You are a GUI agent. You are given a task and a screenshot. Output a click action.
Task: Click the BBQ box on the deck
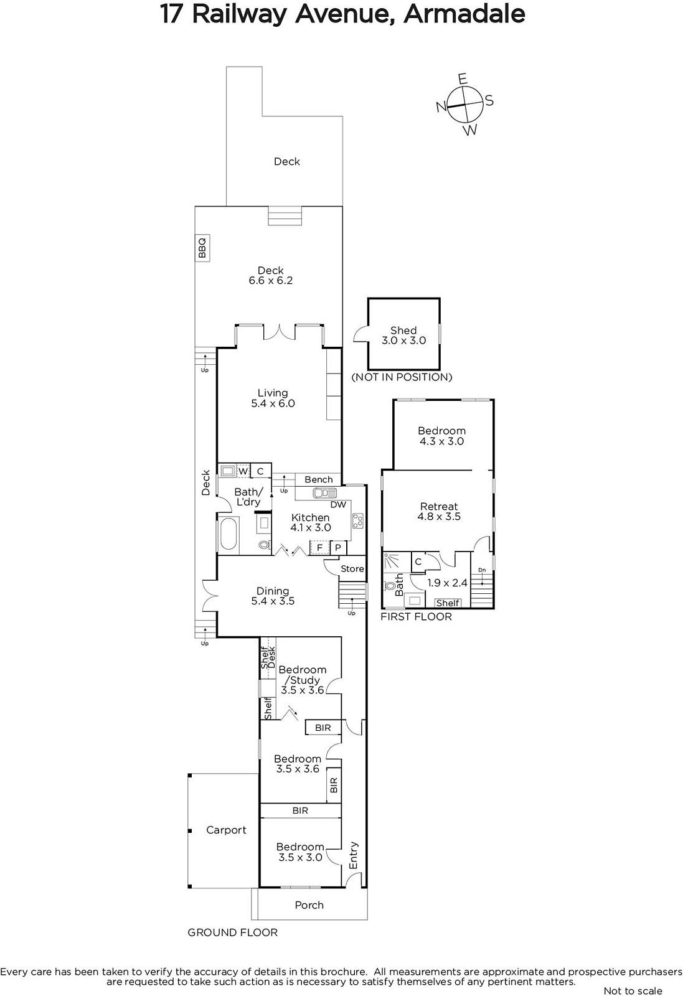point(202,248)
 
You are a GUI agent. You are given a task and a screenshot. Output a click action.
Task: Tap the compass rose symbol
point(464,105)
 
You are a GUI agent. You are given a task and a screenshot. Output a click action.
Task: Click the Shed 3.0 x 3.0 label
point(403,336)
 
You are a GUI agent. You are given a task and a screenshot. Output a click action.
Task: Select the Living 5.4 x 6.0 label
point(273,398)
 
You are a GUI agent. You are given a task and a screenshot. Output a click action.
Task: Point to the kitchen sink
point(324,492)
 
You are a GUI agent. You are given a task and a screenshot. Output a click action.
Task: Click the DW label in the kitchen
point(339,505)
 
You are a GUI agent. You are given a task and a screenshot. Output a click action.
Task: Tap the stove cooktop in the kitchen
point(357,520)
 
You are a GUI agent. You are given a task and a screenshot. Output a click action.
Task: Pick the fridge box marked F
point(319,547)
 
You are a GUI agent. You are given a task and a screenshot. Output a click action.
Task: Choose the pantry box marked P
point(338,548)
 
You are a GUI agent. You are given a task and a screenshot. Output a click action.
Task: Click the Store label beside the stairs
point(352,569)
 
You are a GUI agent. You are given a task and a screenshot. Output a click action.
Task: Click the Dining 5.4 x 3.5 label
point(273,596)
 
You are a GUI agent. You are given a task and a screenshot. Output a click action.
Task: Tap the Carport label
point(226,830)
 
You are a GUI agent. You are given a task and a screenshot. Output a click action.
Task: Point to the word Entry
point(354,855)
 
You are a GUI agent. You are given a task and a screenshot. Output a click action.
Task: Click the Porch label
point(309,905)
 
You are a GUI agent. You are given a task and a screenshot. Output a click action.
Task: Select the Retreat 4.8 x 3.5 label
point(439,511)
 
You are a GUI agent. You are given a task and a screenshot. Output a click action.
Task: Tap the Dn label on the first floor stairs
point(482,570)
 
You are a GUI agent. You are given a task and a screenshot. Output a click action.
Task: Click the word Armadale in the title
point(464,14)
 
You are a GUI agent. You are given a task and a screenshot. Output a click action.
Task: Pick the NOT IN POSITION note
point(402,377)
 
